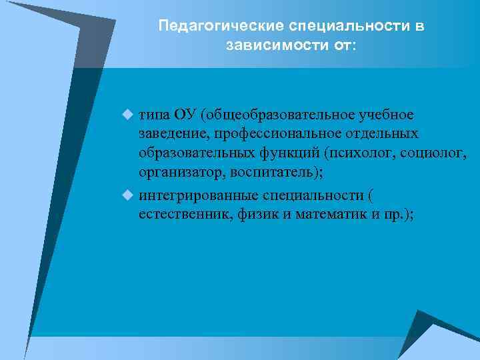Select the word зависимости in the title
point(272,47)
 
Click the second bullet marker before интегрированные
point(129,196)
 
